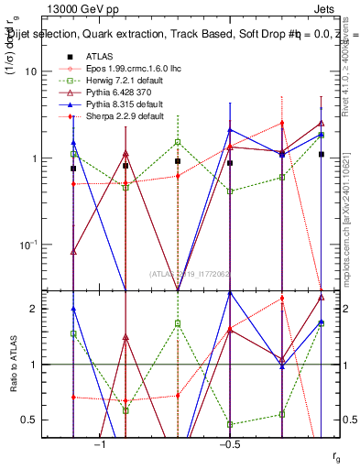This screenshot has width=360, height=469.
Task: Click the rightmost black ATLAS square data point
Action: [322, 155]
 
